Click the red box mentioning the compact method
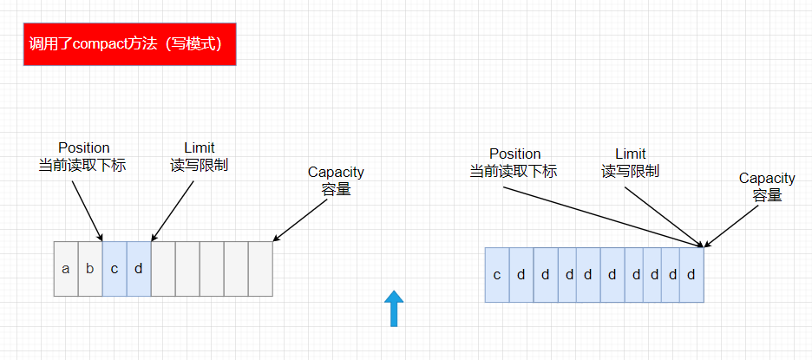[x=129, y=44]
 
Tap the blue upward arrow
[x=395, y=308]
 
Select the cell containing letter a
[x=66, y=269]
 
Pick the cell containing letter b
[x=90, y=269]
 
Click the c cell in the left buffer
[x=115, y=269]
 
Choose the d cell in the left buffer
[x=139, y=269]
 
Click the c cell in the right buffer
[x=497, y=275]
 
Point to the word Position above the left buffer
[x=84, y=147]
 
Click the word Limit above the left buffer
[x=200, y=147]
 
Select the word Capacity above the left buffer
[x=336, y=172]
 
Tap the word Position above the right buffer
[x=514, y=154]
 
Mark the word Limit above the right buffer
[x=631, y=154]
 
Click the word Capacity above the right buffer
[x=767, y=178]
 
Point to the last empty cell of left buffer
[x=260, y=269]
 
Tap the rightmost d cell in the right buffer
[x=691, y=275]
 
